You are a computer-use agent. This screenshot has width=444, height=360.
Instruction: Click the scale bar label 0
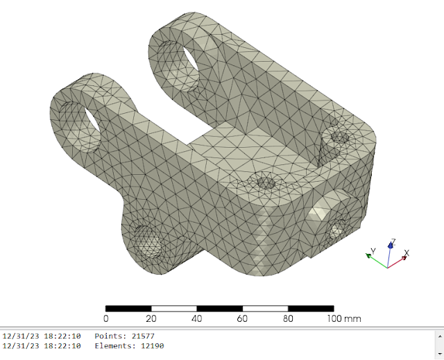106,318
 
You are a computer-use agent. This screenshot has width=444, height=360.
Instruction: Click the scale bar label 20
151,318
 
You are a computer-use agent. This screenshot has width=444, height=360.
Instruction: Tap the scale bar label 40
197,318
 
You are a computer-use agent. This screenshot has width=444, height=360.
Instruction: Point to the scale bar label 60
242,318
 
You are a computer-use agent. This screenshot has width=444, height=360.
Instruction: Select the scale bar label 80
288,318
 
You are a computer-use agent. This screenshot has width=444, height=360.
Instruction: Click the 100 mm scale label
344,318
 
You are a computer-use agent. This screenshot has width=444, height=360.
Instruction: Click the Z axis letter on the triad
393,242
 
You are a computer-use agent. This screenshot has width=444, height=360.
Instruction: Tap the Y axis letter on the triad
373,251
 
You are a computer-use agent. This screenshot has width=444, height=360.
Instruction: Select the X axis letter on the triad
407,252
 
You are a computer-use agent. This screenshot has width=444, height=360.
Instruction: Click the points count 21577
143,336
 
